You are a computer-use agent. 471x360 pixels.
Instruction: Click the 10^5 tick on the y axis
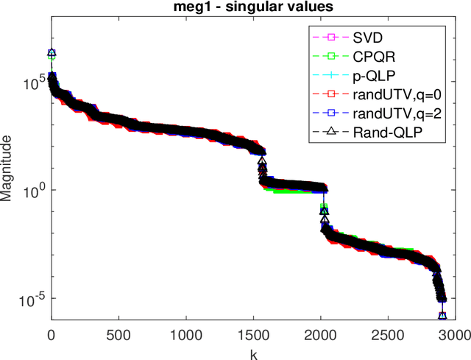click(33, 82)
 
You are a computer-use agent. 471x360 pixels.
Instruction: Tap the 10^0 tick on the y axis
click(33, 190)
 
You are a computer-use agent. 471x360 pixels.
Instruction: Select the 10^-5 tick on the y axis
click(32, 298)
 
